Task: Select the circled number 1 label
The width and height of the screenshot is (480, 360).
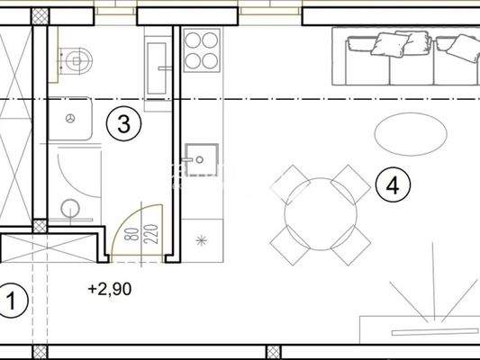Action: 12,300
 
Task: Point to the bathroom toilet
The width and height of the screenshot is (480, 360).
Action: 78,60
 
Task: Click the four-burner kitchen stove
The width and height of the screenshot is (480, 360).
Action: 202,49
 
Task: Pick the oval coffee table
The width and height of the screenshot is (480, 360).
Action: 410,134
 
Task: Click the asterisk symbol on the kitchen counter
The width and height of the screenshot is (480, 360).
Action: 201,240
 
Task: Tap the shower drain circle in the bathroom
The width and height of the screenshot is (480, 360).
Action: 71,210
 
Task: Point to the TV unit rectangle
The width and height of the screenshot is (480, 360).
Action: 420,326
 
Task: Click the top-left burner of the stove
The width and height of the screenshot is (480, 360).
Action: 193,40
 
